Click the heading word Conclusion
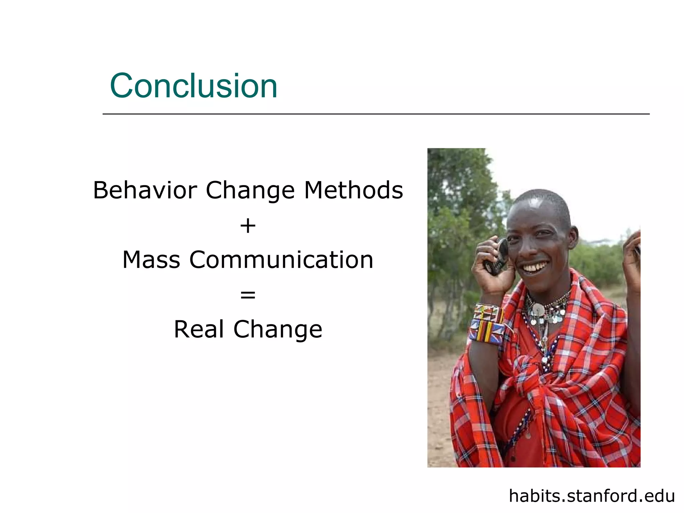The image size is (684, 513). click(x=194, y=86)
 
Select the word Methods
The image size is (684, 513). click(x=353, y=190)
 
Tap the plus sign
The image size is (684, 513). click(x=248, y=226)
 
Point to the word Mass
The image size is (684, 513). click(x=151, y=260)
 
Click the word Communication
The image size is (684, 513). click(x=281, y=260)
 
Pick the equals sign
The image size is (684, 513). click(x=248, y=295)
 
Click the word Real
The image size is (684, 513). click(x=199, y=329)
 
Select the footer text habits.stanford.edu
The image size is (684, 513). click(x=591, y=496)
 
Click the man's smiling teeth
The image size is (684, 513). click(x=535, y=268)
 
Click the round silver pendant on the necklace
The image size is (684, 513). click(x=538, y=309)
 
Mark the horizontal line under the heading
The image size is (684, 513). click(x=376, y=114)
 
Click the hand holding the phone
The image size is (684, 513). click(x=491, y=271)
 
